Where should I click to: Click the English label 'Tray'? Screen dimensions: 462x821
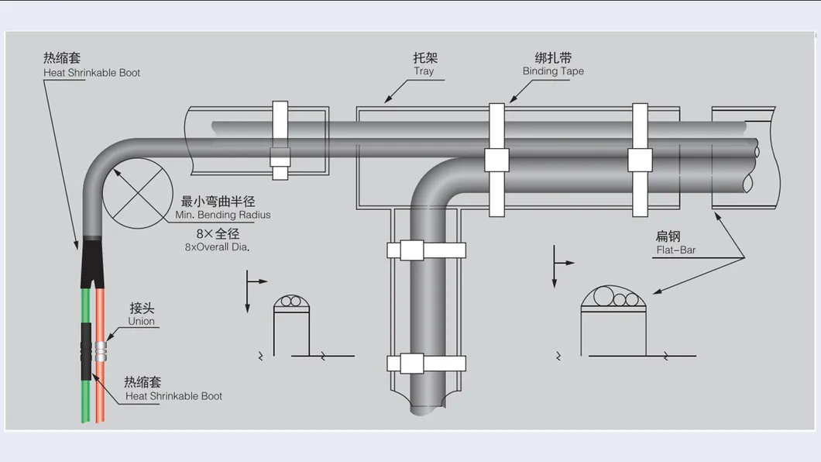[x=424, y=71]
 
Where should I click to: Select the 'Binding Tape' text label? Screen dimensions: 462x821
[x=553, y=71]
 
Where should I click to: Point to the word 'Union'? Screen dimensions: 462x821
[x=142, y=321]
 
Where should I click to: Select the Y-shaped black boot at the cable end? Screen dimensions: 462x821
[x=91, y=260]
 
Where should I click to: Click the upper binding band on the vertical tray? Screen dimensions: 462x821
[x=427, y=250]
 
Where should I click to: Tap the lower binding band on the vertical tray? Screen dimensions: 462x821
[x=427, y=363]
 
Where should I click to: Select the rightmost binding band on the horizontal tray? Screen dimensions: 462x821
[x=640, y=159]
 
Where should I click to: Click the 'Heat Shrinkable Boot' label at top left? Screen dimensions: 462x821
[x=91, y=73]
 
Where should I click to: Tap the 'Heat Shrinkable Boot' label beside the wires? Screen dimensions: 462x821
[x=173, y=396]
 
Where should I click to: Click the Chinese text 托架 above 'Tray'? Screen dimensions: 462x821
[x=424, y=57]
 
